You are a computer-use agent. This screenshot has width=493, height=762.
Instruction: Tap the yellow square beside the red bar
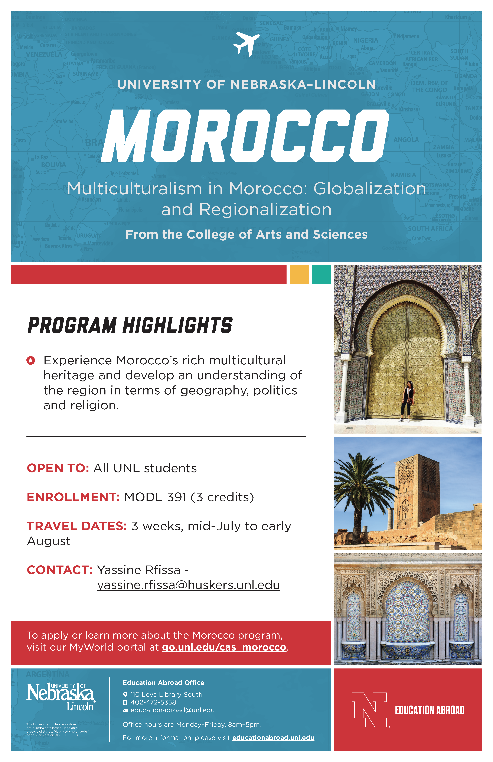pos(299,274)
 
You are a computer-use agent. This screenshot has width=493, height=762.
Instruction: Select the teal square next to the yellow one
pos(321,274)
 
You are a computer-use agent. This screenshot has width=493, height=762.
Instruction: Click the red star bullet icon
pos(31,361)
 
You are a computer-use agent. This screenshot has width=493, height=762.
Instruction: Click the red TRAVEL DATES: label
pos(77,526)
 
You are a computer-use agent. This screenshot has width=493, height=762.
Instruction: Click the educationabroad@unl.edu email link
pos(173,710)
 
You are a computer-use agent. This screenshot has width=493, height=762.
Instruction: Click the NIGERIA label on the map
pos(366,40)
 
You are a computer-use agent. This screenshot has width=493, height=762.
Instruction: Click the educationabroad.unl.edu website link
pos(273,738)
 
